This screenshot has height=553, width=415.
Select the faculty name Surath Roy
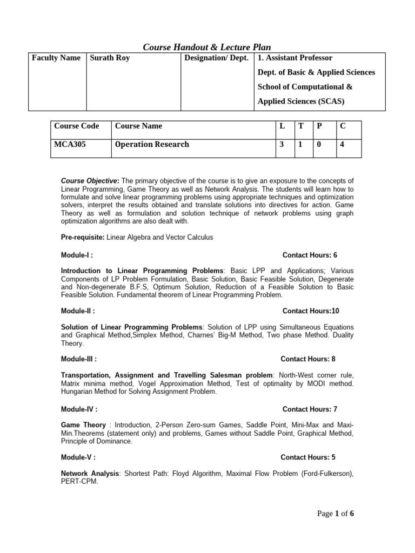coord(111,58)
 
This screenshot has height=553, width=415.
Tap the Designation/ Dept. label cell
coord(216,58)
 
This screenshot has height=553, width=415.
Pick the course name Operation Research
coord(152,145)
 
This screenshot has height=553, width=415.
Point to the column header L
coord(282,126)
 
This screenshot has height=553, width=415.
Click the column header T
coord(300,126)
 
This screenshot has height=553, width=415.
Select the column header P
coord(319,126)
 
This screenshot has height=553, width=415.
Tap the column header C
coord(342,126)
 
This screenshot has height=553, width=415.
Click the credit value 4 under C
coord(342,145)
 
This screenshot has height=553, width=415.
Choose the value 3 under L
coord(282,145)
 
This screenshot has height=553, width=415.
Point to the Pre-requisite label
coord(83,237)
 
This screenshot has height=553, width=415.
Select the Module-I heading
coord(78,255)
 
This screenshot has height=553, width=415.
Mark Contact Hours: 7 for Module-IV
coord(310,409)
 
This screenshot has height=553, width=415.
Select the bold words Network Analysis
coord(90,474)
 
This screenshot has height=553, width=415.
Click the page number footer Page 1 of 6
coord(335,514)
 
